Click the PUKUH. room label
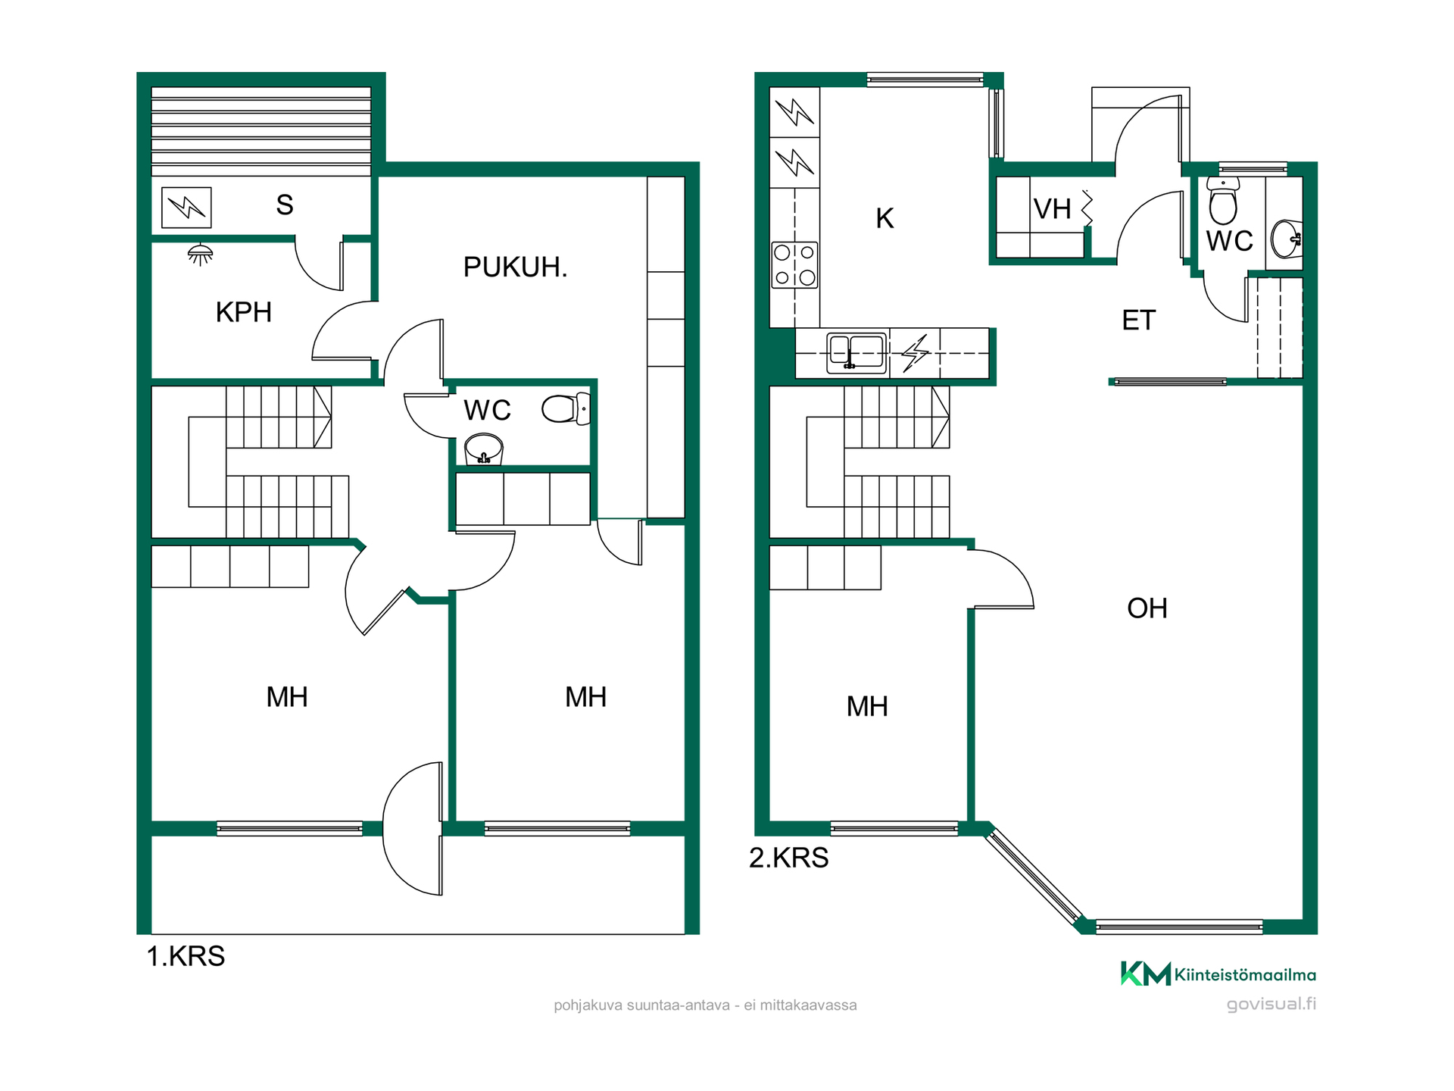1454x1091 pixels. (x=515, y=267)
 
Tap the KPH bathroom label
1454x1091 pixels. (x=243, y=312)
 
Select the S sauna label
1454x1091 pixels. (x=285, y=205)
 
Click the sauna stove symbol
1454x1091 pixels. (x=186, y=207)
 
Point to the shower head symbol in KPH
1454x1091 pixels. (x=200, y=255)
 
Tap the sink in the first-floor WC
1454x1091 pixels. (x=483, y=449)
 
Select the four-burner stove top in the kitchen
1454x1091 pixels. (x=794, y=264)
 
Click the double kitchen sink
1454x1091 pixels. (x=856, y=353)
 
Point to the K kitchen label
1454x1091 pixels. (x=885, y=218)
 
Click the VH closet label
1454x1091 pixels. (x=1052, y=208)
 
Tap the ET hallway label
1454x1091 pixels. (x=1138, y=320)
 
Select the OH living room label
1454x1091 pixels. (x=1147, y=608)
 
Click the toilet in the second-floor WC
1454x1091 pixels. (x=1223, y=200)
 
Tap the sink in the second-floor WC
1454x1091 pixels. (x=1287, y=239)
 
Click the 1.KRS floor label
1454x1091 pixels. (x=186, y=956)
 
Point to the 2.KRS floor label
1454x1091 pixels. (x=788, y=858)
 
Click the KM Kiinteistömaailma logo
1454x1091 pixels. (x=1218, y=974)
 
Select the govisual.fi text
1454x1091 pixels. (x=1271, y=1004)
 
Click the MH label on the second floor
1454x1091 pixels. (x=866, y=707)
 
